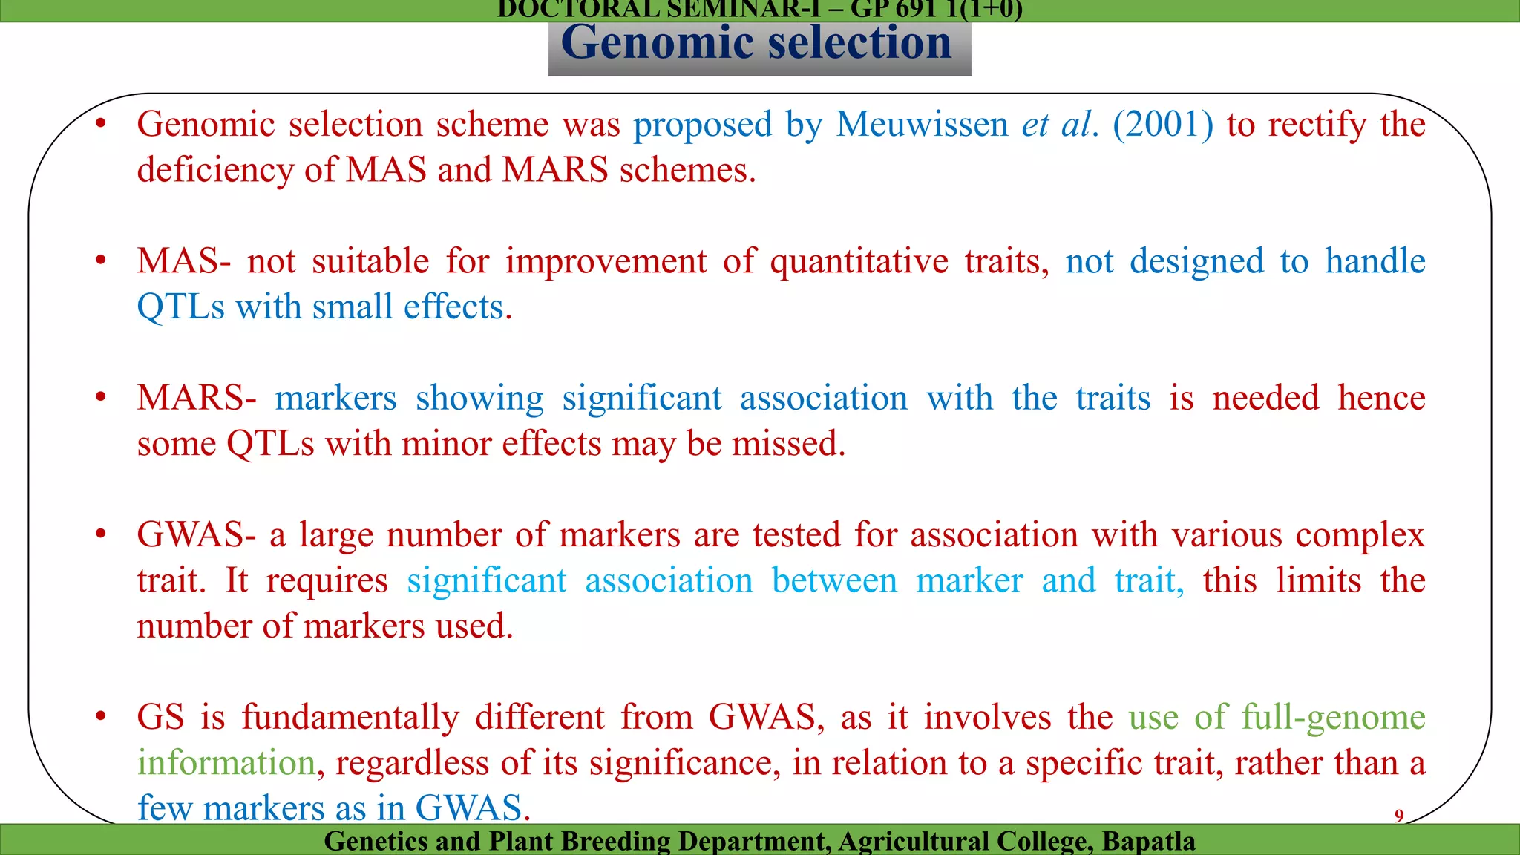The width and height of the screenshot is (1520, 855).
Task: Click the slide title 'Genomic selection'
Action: point(756,43)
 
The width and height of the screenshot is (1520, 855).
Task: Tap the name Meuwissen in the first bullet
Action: point(922,125)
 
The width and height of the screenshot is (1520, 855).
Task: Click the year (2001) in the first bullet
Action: point(1163,125)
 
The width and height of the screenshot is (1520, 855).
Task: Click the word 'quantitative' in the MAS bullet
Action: point(859,262)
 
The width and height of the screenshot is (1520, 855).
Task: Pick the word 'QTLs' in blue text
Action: point(180,307)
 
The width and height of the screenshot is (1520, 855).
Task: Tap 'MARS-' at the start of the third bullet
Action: point(197,399)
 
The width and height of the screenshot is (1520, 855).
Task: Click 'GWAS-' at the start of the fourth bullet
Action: point(197,535)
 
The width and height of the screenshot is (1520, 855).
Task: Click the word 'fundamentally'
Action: point(350,718)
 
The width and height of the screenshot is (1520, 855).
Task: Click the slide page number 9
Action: point(1399,816)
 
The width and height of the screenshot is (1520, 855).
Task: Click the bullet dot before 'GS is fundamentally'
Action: point(101,717)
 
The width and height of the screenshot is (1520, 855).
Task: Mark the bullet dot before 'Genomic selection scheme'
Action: point(101,124)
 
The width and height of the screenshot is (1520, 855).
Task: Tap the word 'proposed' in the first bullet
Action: point(702,125)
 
